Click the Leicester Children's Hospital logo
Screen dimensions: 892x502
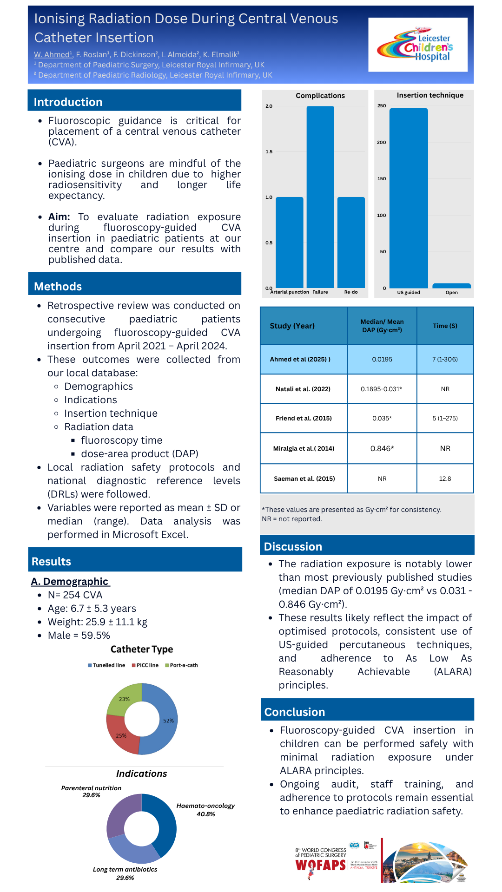click(x=417, y=45)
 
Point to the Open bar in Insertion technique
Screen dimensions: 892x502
click(x=451, y=286)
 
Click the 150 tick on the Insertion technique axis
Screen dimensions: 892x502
click(x=382, y=179)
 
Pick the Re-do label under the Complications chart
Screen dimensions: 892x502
click(x=351, y=292)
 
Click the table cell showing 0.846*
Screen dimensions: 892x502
click(x=382, y=448)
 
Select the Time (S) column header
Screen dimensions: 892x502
click(x=445, y=326)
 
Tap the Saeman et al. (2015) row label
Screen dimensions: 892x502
click(x=304, y=479)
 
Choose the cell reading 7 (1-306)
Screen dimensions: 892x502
click(x=445, y=359)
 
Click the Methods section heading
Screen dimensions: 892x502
click(x=58, y=286)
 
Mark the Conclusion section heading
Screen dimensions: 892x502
click(x=295, y=712)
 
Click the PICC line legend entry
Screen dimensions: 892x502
click(x=145, y=665)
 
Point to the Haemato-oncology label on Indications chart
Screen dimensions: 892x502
click(x=205, y=806)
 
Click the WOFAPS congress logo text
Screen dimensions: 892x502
click(x=321, y=865)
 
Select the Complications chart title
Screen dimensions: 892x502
click(x=320, y=96)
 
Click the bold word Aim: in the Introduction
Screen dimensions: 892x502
click(x=59, y=217)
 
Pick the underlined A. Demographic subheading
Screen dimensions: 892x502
click(x=70, y=582)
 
